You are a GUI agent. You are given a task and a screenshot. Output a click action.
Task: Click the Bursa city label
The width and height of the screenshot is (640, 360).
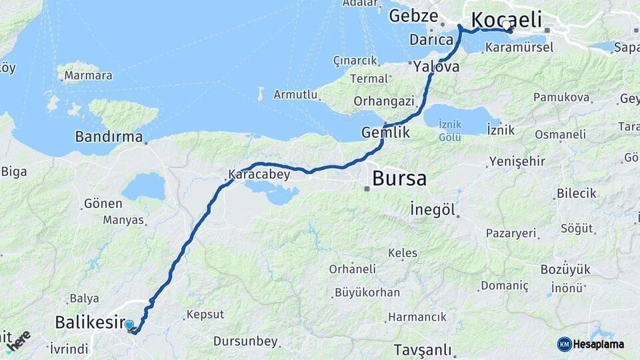399,179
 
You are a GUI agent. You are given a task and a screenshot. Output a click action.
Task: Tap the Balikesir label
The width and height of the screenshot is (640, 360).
90,323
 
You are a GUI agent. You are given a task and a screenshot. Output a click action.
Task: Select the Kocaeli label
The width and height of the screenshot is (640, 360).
506,19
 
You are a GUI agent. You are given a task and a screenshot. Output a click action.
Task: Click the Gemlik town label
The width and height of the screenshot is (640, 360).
385,133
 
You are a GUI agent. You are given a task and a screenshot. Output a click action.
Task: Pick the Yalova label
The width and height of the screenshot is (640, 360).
436,67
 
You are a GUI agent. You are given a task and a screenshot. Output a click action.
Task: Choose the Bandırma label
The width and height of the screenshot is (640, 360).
109,137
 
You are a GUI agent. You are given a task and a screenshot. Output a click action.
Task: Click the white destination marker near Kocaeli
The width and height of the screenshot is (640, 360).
507,27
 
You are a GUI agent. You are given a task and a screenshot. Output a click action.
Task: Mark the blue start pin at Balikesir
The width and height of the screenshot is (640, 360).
129,325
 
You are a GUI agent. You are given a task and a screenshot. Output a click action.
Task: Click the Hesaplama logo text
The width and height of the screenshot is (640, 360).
599,344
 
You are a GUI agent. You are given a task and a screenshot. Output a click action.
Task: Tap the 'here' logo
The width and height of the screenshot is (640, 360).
18,341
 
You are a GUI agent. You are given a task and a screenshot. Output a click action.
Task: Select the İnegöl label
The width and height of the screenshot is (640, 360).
433,211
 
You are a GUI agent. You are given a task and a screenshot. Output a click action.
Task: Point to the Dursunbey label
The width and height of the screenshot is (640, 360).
245,341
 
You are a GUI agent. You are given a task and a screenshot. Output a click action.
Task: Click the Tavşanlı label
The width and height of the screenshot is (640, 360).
422,349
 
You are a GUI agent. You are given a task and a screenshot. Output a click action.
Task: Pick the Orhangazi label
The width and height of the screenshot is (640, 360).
384,101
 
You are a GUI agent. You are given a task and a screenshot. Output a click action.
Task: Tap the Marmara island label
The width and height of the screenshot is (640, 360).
88,75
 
